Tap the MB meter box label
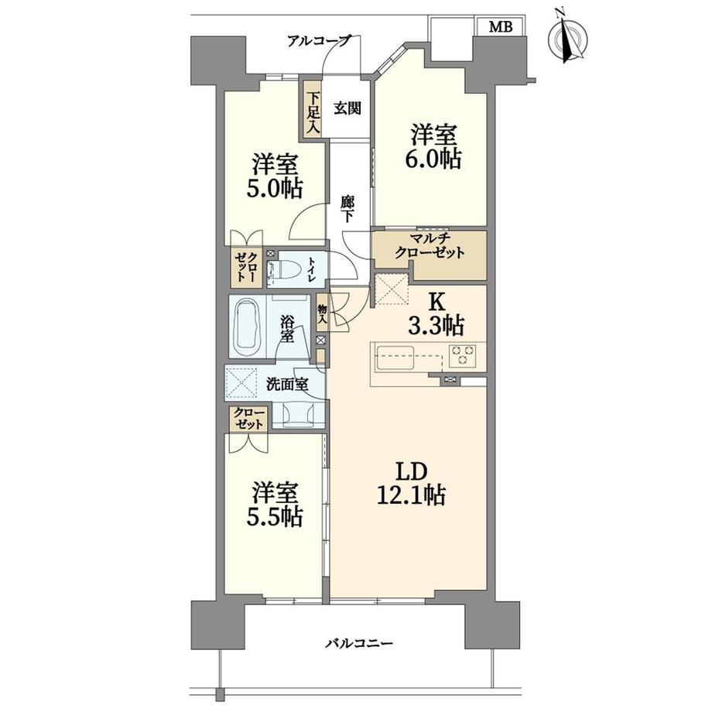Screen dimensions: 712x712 point(501,27)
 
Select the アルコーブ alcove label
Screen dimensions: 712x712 point(320,41)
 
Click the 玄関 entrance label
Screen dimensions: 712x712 point(347,108)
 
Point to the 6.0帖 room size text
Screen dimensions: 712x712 point(433,159)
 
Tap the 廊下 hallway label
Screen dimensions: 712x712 point(347,208)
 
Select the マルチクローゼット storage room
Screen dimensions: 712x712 point(429,255)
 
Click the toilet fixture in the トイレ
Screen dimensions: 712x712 point(284,271)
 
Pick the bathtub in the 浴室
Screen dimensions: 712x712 point(248,327)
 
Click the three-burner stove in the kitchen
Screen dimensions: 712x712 point(462,355)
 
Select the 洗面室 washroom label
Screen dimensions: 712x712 point(287,385)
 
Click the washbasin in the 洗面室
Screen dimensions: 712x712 point(298,415)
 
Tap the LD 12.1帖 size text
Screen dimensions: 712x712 point(411,484)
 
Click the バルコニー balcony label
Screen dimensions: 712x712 point(359,643)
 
